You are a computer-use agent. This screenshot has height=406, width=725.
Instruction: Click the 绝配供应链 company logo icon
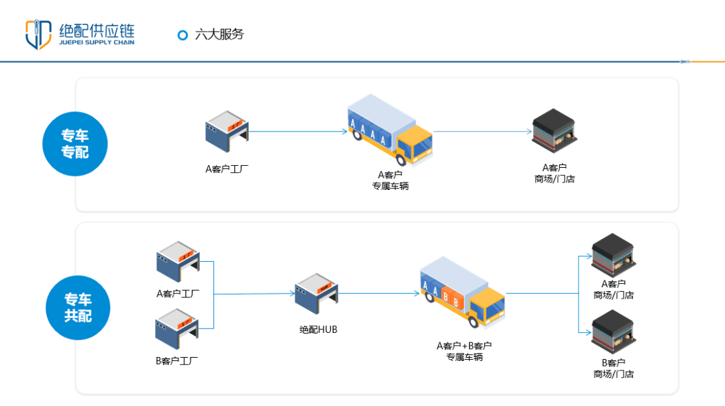[38, 35]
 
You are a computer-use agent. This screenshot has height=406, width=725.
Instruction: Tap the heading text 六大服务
[219, 35]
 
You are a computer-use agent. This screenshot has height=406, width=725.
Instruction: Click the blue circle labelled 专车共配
[77, 308]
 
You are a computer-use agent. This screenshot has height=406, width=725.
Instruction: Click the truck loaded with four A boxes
[390, 131]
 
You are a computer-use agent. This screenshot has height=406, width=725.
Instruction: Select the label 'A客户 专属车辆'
[390, 181]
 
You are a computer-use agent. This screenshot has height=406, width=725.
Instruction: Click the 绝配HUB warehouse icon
[316, 293]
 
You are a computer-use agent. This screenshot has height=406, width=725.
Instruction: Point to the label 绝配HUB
[318, 329]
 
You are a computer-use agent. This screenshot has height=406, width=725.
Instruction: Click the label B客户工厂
[177, 360]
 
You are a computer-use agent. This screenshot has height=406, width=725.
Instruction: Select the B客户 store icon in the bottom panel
[613, 330]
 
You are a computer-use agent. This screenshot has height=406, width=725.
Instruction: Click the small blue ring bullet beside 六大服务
[182, 36]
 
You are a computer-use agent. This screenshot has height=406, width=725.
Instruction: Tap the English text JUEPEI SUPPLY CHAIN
[97, 42]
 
